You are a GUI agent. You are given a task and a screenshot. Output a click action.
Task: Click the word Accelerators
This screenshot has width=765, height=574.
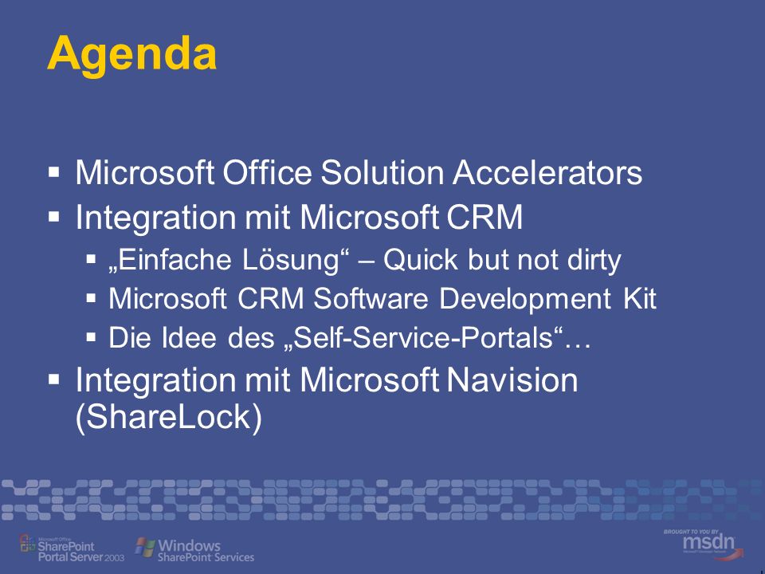click(547, 172)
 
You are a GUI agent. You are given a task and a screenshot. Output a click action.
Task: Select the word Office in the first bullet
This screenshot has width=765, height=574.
click(267, 172)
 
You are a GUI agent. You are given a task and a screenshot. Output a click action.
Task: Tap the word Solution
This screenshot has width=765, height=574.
click(382, 172)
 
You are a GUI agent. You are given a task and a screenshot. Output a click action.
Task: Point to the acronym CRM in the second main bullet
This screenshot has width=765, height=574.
click(484, 217)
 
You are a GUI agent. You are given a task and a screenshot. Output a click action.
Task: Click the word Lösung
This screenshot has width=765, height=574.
click(291, 259)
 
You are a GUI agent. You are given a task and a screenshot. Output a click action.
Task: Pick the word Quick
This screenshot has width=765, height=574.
click(421, 259)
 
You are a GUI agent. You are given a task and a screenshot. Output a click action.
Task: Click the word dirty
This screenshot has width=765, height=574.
click(594, 260)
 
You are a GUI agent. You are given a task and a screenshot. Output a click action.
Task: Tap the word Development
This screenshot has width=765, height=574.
click(525, 299)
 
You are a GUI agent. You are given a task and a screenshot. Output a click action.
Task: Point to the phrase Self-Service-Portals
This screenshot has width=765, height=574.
click(423, 337)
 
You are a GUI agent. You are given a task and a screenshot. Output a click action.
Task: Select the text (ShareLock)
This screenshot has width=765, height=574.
click(169, 417)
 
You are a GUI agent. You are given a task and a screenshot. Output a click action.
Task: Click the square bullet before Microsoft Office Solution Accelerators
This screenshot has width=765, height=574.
click(54, 172)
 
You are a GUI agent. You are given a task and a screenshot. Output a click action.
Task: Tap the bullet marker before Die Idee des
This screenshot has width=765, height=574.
click(91, 336)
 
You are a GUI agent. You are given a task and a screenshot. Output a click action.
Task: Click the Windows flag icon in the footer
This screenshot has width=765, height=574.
click(145, 547)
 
